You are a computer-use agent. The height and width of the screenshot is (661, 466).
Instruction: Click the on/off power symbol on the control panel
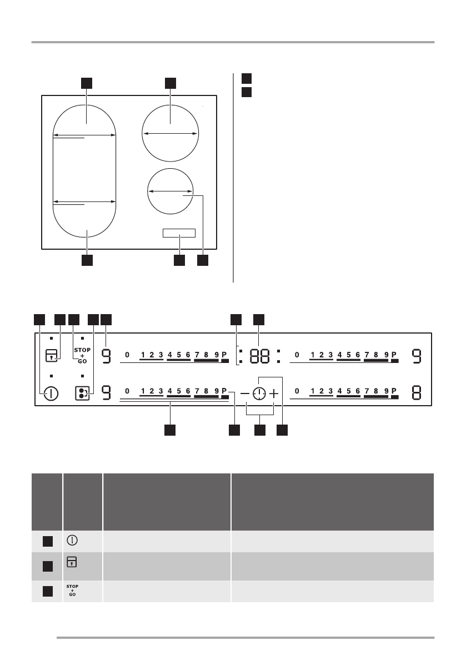[x=51, y=393]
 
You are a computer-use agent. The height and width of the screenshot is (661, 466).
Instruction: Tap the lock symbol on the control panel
[x=51, y=356]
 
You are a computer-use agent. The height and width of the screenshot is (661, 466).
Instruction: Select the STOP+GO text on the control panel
[x=82, y=355]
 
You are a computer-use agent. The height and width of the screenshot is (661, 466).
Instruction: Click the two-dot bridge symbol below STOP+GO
[x=82, y=393]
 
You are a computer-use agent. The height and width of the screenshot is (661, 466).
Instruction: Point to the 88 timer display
[x=259, y=356]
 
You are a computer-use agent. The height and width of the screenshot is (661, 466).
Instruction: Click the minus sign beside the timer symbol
[x=244, y=393]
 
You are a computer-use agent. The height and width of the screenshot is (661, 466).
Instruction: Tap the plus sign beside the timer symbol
[x=274, y=393]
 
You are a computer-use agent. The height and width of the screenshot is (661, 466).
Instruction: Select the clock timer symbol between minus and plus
[x=259, y=393]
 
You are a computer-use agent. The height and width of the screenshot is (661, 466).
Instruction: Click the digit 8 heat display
[x=416, y=393]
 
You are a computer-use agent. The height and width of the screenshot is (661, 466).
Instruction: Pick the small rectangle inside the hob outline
[x=179, y=233]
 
